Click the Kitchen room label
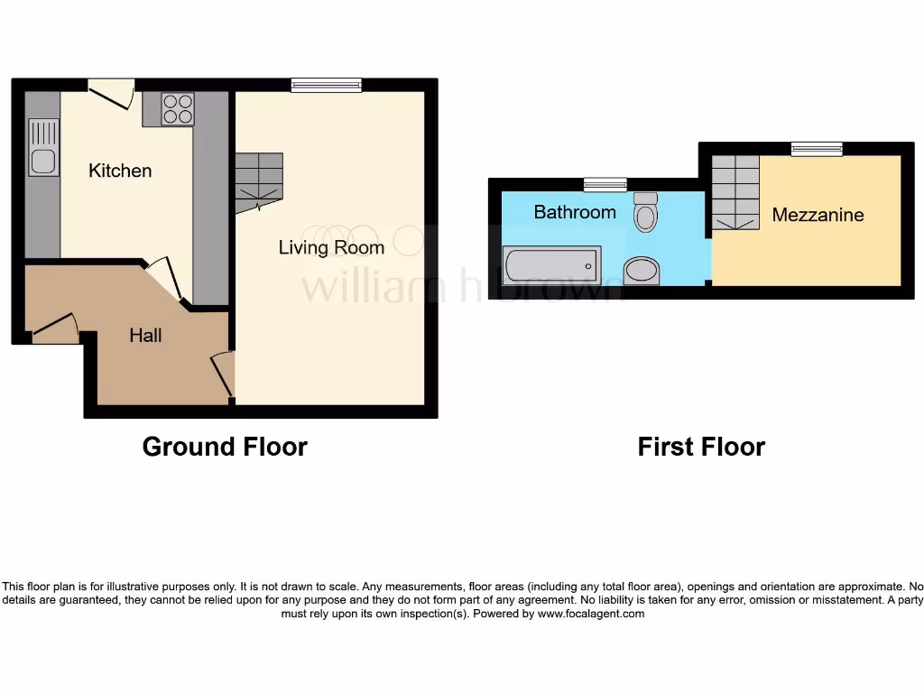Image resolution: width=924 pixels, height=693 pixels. pos(120,171)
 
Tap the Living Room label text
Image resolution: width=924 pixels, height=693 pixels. pos(331,247)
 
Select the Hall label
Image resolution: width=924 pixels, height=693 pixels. pos(145,336)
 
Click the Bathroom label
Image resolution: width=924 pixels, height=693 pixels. pos(575,212)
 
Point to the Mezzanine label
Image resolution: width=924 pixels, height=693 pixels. pos(818,215)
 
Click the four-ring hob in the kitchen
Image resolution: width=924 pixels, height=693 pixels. pos(178,109)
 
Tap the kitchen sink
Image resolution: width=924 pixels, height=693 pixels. pos(42,148)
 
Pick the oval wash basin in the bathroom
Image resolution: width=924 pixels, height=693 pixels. pos(642,269)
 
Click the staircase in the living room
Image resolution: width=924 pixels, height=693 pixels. pos(260,181)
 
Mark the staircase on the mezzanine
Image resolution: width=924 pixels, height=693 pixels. pos(735,191)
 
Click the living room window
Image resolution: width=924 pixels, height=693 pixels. pos(326,86)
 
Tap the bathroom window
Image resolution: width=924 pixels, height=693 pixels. pos(605,185)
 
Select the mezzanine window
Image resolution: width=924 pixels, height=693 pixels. pos(817,149)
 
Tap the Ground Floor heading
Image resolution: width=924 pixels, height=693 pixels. pos(225,447)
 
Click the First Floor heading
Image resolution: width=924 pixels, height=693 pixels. pos(701,447)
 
